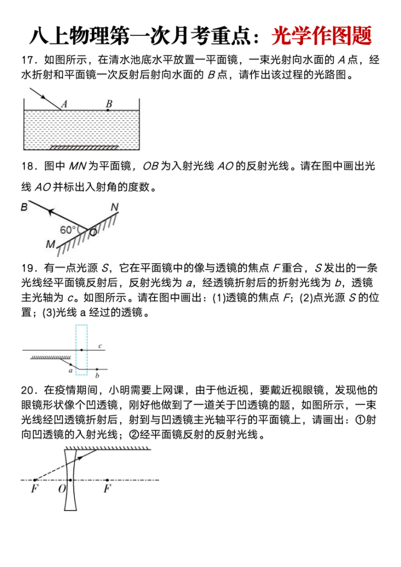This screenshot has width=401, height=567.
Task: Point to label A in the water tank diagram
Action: click(64, 104)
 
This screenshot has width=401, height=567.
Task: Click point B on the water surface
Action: click(107, 110)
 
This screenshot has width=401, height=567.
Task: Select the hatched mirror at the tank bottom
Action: click(84, 147)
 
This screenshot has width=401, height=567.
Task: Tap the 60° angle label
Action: click(69, 230)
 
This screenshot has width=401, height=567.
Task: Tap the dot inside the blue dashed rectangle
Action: click(81, 350)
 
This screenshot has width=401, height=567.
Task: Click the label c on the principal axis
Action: click(100, 347)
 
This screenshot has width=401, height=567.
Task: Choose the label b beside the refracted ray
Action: click(97, 375)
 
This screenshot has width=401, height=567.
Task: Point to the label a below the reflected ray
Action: click(70, 370)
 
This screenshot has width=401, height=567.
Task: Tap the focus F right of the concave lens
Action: click(107, 488)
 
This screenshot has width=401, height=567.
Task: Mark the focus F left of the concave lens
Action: click(34, 489)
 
